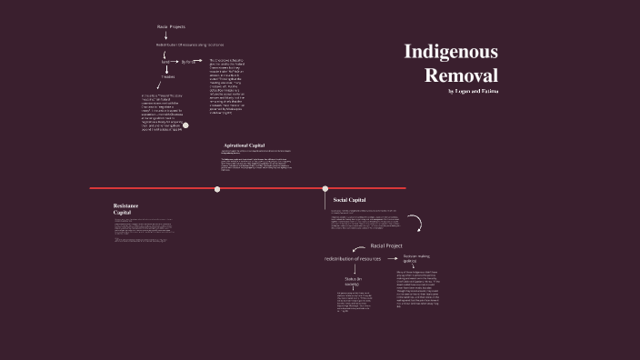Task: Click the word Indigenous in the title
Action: pos(451,52)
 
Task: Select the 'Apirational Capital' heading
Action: pos(244,145)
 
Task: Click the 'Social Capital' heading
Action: pos(349,199)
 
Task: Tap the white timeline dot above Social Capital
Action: pos(325,189)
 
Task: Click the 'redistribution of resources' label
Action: pos(359,259)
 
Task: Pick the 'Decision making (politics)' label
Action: pos(416,260)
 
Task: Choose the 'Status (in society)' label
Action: pos(353,282)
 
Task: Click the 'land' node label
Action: pos(165,62)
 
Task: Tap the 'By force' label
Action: pos(188,62)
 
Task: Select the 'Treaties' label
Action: pos(167,77)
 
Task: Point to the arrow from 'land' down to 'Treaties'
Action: pos(166,69)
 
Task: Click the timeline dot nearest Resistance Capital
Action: pos(217,189)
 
